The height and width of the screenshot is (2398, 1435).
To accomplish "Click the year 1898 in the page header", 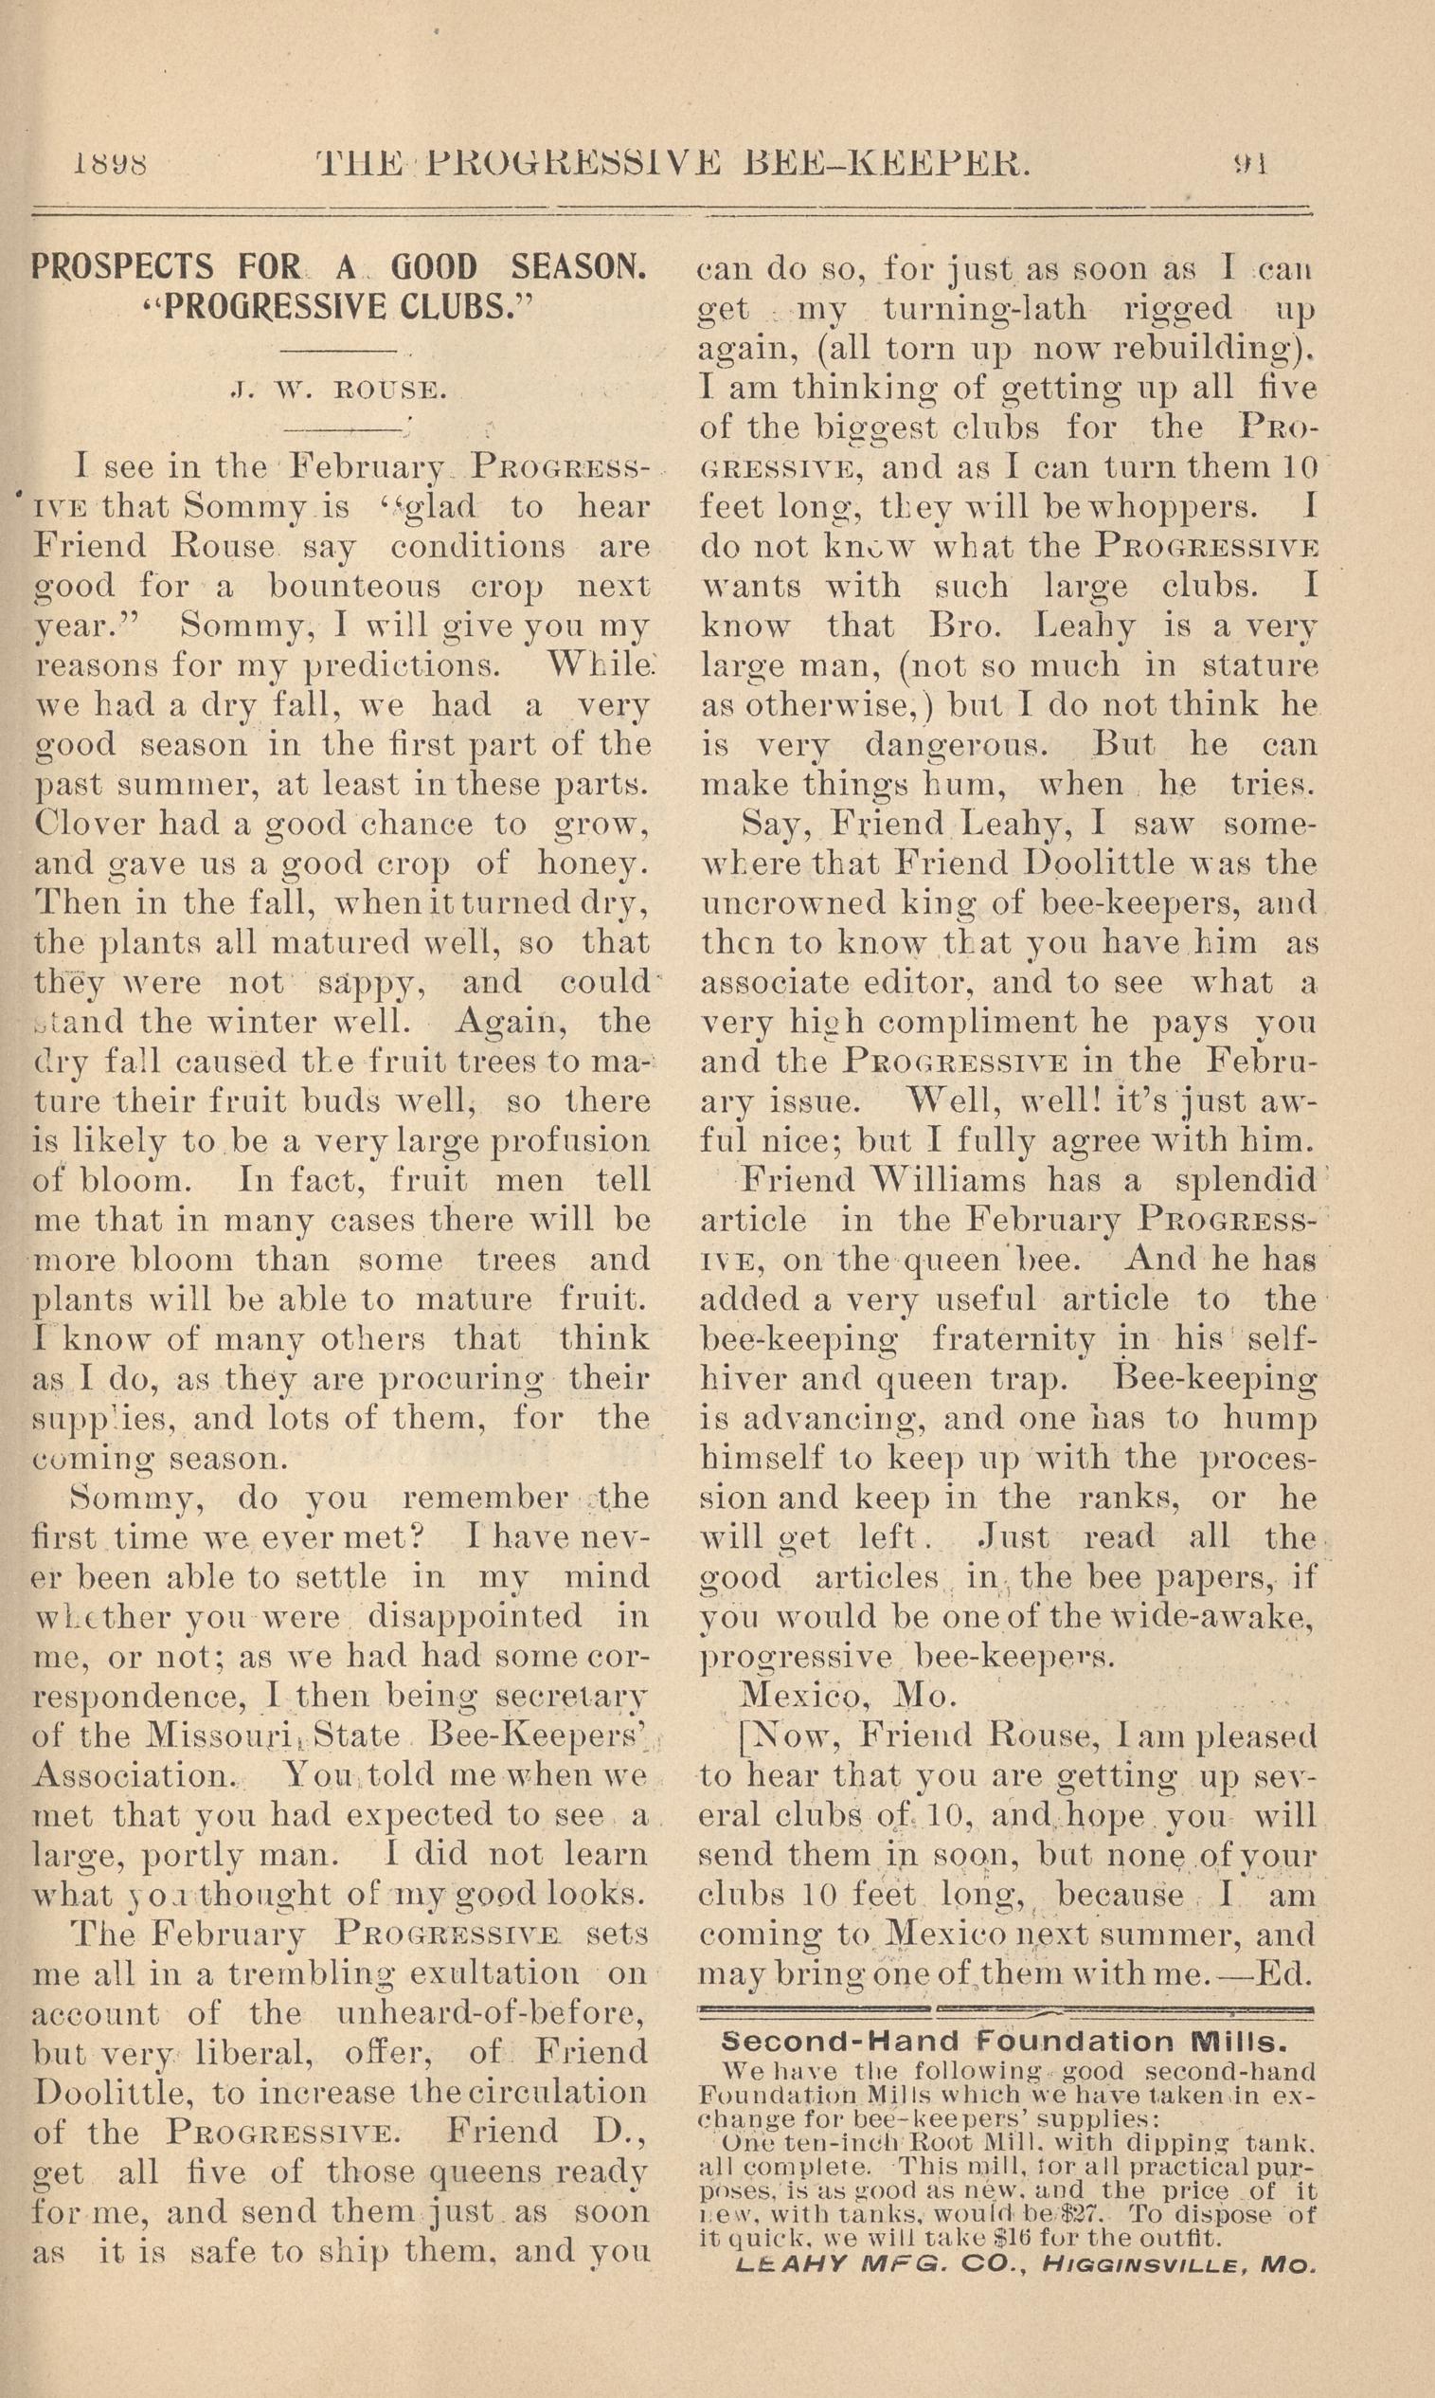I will click(x=109, y=162).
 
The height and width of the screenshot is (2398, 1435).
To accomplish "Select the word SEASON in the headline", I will click(x=577, y=267).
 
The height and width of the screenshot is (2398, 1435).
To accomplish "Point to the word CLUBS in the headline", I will click(x=452, y=307).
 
